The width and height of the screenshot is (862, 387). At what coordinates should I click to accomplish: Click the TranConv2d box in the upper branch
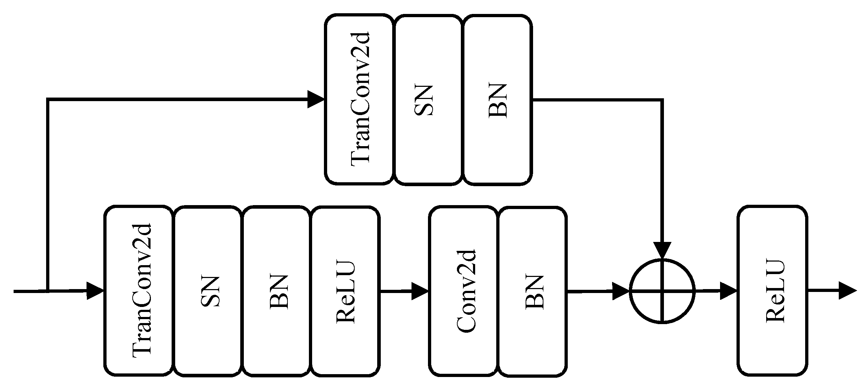pyautogui.click(x=359, y=99)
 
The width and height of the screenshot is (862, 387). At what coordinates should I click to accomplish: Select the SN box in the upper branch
pyautogui.click(x=428, y=99)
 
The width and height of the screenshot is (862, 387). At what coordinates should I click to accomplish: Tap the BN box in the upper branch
pyautogui.click(x=497, y=99)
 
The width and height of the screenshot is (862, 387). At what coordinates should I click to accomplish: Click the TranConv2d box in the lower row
pyautogui.click(x=138, y=291)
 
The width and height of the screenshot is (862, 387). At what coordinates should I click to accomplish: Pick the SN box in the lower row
pyautogui.click(x=207, y=291)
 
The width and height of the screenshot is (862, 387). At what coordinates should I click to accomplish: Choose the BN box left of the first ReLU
pyautogui.click(x=276, y=291)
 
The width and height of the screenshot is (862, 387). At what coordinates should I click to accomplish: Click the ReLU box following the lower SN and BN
pyautogui.click(x=345, y=291)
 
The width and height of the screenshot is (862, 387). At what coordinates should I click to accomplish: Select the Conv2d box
pyautogui.click(x=463, y=291)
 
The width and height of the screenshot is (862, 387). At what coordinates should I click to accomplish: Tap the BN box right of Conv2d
pyautogui.click(x=532, y=291)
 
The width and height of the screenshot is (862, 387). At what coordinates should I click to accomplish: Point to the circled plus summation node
pyautogui.click(x=662, y=291)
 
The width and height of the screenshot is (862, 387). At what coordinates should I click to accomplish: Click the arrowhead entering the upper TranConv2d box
pyautogui.click(x=316, y=99)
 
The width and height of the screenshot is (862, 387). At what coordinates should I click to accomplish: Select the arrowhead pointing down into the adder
pyautogui.click(x=662, y=250)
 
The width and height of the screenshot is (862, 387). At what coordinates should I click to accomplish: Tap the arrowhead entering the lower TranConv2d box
pyautogui.click(x=95, y=291)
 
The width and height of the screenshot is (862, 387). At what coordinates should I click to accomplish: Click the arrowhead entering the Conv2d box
pyautogui.click(x=420, y=291)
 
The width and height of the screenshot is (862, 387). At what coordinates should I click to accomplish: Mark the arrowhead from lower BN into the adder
pyautogui.click(x=620, y=291)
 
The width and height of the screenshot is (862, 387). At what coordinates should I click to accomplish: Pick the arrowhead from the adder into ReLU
pyautogui.click(x=728, y=291)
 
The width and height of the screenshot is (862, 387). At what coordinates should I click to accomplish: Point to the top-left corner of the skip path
pyautogui.click(x=48, y=99)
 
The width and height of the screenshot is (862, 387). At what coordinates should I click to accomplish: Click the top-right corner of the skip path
pyautogui.click(x=662, y=100)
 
